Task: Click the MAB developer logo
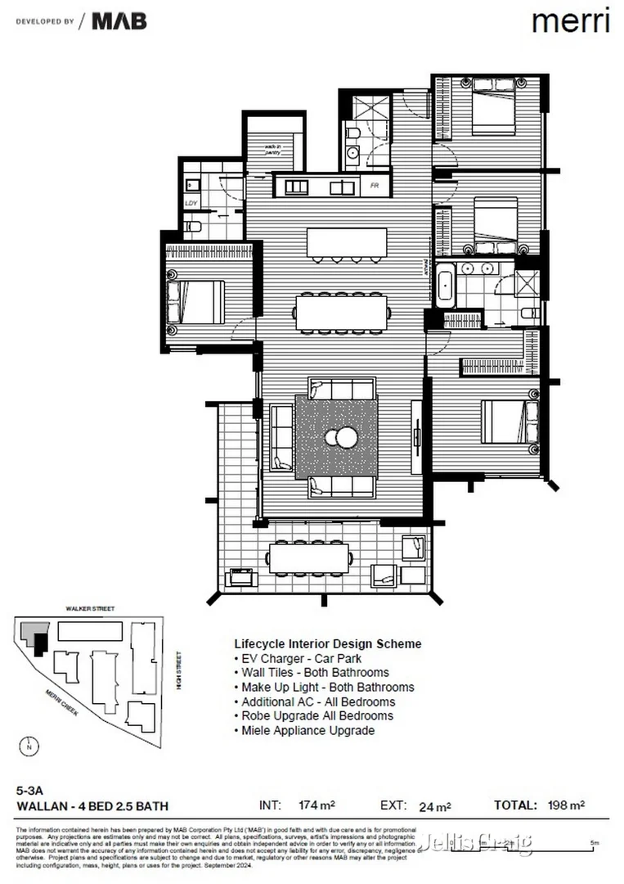click(x=119, y=21)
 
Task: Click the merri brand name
click(x=570, y=21)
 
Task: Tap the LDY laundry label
click(x=191, y=203)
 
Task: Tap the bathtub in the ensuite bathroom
click(x=446, y=286)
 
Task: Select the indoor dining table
click(x=341, y=312)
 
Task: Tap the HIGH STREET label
click(x=177, y=670)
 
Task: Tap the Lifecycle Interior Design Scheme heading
click(x=328, y=643)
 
